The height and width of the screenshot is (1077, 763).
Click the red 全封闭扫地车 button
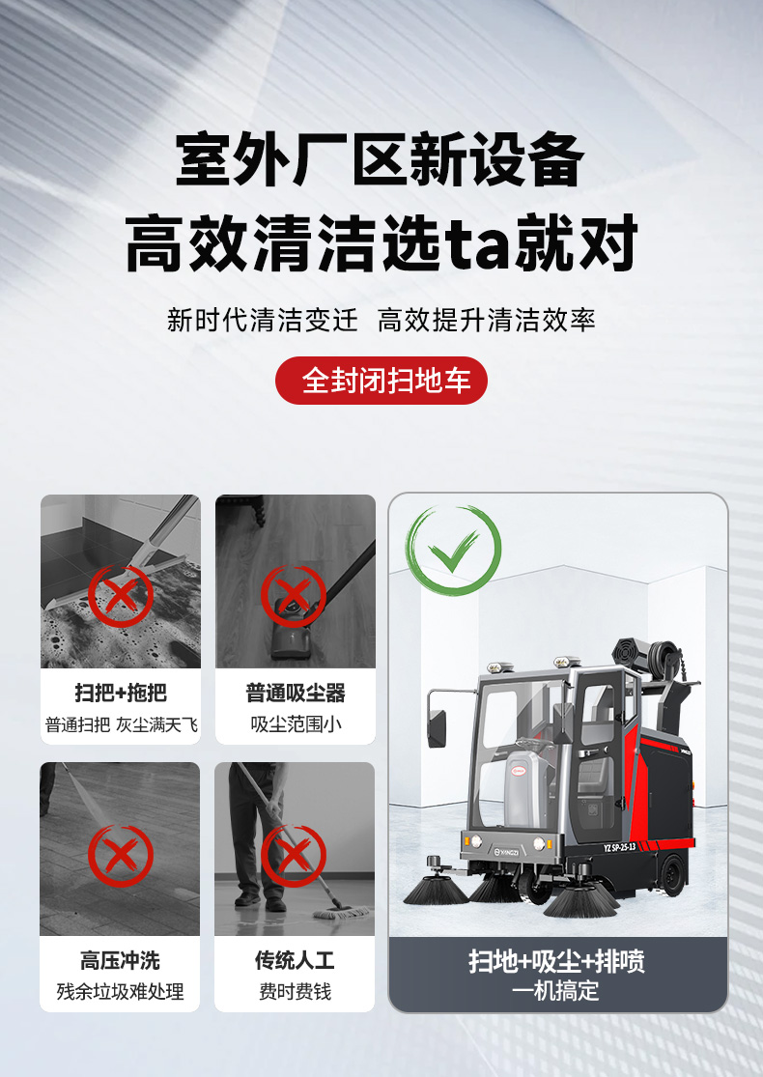point(381,381)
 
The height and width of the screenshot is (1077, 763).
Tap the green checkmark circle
point(453,550)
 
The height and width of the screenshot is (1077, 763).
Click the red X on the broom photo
point(121,596)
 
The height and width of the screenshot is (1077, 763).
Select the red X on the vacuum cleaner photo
point(294,596)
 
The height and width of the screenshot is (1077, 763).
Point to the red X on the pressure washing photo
point(121,856)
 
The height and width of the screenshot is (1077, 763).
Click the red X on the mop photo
point(294,856)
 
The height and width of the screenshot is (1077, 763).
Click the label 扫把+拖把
point(121,694)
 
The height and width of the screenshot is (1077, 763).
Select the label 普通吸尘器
point(295,694)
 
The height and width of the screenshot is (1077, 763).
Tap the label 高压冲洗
point(121,961)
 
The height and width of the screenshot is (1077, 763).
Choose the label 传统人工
point(295,961)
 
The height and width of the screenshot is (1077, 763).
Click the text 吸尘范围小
point(296,723)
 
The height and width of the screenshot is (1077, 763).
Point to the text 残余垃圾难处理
point(121,991)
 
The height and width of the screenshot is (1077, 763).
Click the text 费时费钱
point(295,991)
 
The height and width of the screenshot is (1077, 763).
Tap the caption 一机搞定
point(557,990)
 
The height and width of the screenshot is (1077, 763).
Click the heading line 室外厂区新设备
point(381,160)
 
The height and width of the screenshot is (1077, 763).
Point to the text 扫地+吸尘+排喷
point(557,962)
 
